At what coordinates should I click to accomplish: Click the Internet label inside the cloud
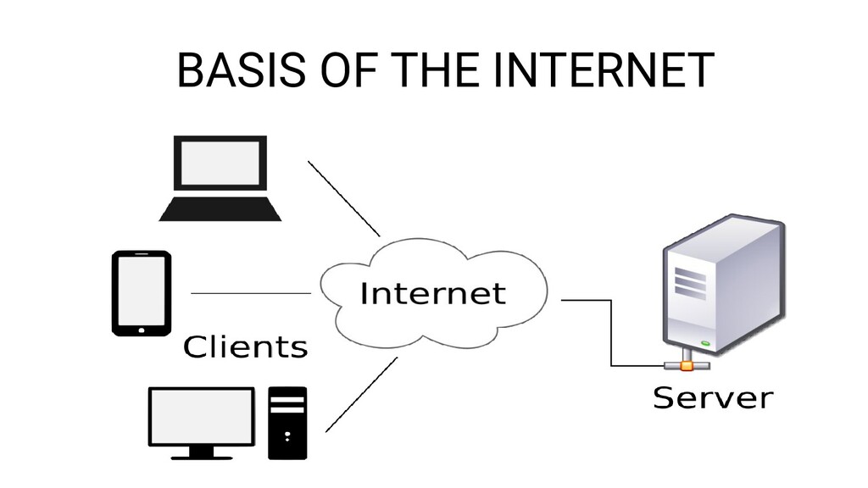(433, 294)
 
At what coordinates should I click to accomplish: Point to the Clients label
(246, 347)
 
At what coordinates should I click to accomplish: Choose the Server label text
(712, 397)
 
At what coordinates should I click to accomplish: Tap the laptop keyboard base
(220, 208)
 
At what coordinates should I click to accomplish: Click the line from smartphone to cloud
(252, 292)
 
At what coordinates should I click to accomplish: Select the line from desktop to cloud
(362, 394)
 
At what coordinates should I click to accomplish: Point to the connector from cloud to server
(610, 330)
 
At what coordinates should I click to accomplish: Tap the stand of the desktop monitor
(201, 452)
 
